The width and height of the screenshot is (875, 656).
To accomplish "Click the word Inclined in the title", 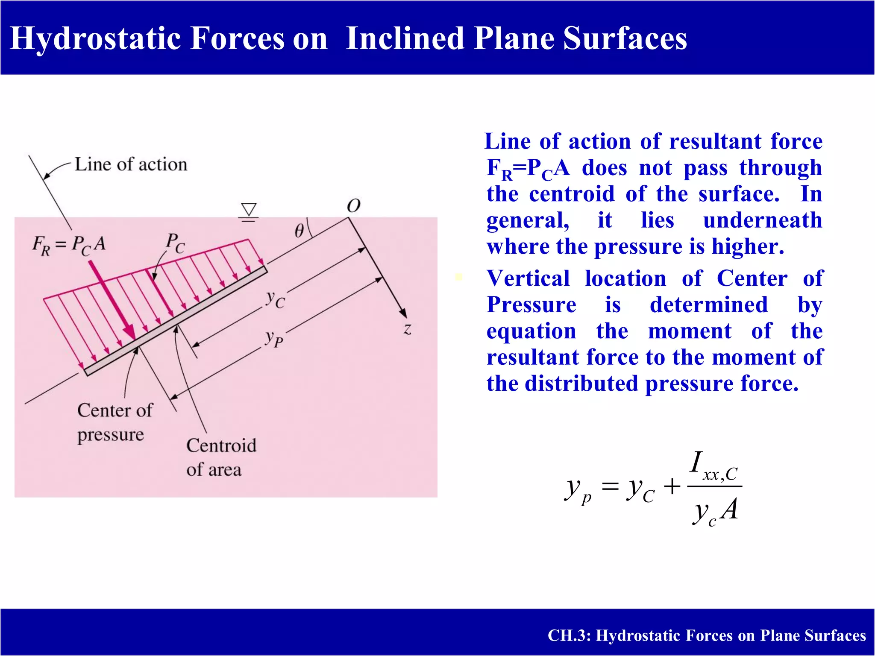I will pos(405,38).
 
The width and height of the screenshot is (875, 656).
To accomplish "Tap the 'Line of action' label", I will pos(131,165).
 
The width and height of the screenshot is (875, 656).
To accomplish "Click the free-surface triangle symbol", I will pos(249,210).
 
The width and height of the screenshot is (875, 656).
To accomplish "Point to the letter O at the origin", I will pos(353,206).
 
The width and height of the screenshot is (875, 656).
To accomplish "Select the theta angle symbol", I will pos(299,231).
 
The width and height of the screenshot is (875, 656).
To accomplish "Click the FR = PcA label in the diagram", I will pos(69,246).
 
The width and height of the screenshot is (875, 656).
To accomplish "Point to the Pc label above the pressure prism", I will pos(175,243).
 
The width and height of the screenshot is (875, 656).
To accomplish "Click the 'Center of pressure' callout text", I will pos(114,422).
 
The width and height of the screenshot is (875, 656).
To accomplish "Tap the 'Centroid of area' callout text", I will pos(221,457).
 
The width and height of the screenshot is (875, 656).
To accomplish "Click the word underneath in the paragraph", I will pos(762,220).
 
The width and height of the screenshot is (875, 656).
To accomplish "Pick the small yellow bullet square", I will pos(459,277).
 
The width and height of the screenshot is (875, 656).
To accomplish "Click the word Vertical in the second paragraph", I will pos(528,278).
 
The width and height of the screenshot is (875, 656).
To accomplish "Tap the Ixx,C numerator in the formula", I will pos(714,467).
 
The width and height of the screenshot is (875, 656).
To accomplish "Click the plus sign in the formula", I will pos(672,486).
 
